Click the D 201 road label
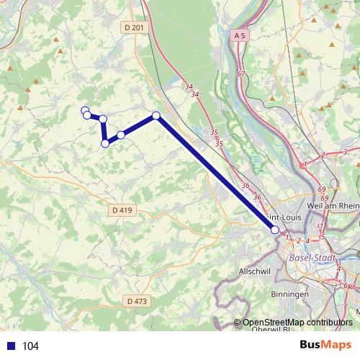(x=134, y=27)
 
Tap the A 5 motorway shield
(x=240, y=34)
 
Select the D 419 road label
(x=124, y=210)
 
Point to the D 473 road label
(x=135, y=300)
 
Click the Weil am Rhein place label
(x=331, y=206)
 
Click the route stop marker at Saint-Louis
(x=274, y=230)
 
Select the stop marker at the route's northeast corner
(x=156, y=116)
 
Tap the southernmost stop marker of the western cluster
(x=105, y=143)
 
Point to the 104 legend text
(x=30, y=346)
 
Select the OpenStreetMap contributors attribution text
(x=297, y=323)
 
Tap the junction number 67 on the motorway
(x=240, y=74)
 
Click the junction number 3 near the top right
(x=346, y=151)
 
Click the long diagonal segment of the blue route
(x=216, y=174)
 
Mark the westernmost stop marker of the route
(x=85, y=111)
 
